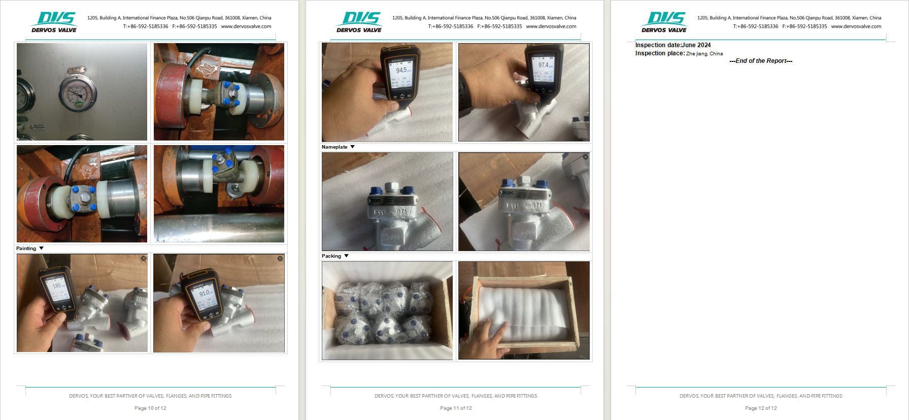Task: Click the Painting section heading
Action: [26, 249]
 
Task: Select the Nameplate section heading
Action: [334, 147]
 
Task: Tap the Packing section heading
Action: [331, 256]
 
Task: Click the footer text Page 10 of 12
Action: [150, 408]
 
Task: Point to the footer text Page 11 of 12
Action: [456, 408]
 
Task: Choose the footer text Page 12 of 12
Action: [761, 408]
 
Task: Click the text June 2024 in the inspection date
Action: [696, 45]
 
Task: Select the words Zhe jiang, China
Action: [704, 54]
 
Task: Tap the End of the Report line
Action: [761, 61]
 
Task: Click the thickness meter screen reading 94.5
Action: [401, 71]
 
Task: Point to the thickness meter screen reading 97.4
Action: [544, 65]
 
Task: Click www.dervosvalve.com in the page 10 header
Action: [246, 26]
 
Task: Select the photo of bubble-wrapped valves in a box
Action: [387, 310]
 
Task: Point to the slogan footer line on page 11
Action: [456, 396]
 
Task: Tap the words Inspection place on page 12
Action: [660, 53]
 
